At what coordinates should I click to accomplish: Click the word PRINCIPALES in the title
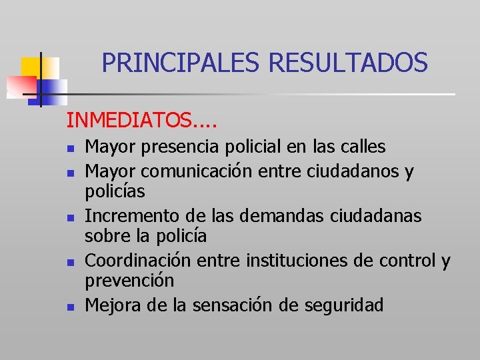coord(182,63)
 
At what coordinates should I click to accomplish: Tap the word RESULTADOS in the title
coord(347,63)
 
